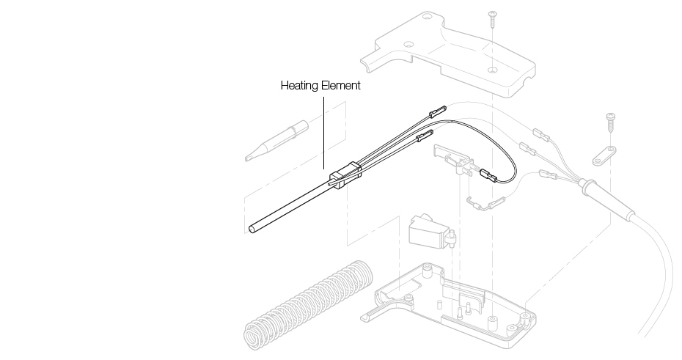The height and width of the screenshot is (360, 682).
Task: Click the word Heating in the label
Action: pos(300,86)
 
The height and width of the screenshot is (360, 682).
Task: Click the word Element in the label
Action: pos(340,86)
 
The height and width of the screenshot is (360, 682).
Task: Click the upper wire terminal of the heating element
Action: pos(435,112)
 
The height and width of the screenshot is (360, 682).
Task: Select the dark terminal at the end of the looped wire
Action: pos(488,176)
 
